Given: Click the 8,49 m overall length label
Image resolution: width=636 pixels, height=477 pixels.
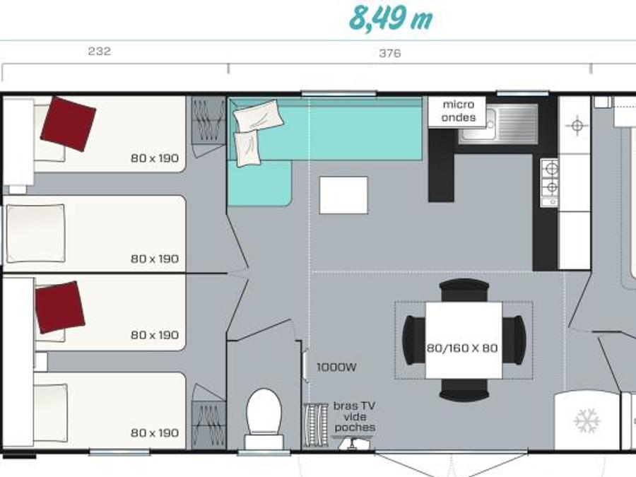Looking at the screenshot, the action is pos(391,18).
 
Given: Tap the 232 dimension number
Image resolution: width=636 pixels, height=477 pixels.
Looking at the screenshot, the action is pos(100,51).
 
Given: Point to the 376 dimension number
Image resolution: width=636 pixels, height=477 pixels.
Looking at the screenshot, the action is pos(390,53).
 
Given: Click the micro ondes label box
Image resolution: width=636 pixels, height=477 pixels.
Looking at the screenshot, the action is pos(457,111).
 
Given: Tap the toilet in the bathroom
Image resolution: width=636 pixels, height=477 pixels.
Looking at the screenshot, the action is pos(264,418).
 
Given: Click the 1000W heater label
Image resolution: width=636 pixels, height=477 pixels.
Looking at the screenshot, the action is pos(336,367).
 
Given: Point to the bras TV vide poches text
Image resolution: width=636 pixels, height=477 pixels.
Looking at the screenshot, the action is pos(355,416).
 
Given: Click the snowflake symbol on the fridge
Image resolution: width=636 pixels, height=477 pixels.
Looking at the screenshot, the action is pos(587,420).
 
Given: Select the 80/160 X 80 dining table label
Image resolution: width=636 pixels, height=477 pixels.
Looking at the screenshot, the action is pos(462,348).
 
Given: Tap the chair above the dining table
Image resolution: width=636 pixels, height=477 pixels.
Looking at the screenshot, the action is pos(464,290).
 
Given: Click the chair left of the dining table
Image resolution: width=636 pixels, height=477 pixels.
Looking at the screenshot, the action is pos(413,340).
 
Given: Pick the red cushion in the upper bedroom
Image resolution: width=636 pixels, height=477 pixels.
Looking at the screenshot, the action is pos(68,124).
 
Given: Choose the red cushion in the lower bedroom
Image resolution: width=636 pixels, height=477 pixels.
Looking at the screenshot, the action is pos(60,307).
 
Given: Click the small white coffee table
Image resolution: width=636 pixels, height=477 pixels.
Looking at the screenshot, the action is pos(343,195).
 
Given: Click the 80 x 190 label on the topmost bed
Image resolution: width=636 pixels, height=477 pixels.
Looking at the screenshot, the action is pos(155,158).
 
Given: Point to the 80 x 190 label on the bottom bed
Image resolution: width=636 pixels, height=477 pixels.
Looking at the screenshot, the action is pos(155,433).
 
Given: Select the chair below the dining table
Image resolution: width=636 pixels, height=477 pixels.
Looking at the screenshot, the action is pos(464,390).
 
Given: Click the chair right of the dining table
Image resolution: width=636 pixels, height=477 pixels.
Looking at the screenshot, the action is pos(514,340).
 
